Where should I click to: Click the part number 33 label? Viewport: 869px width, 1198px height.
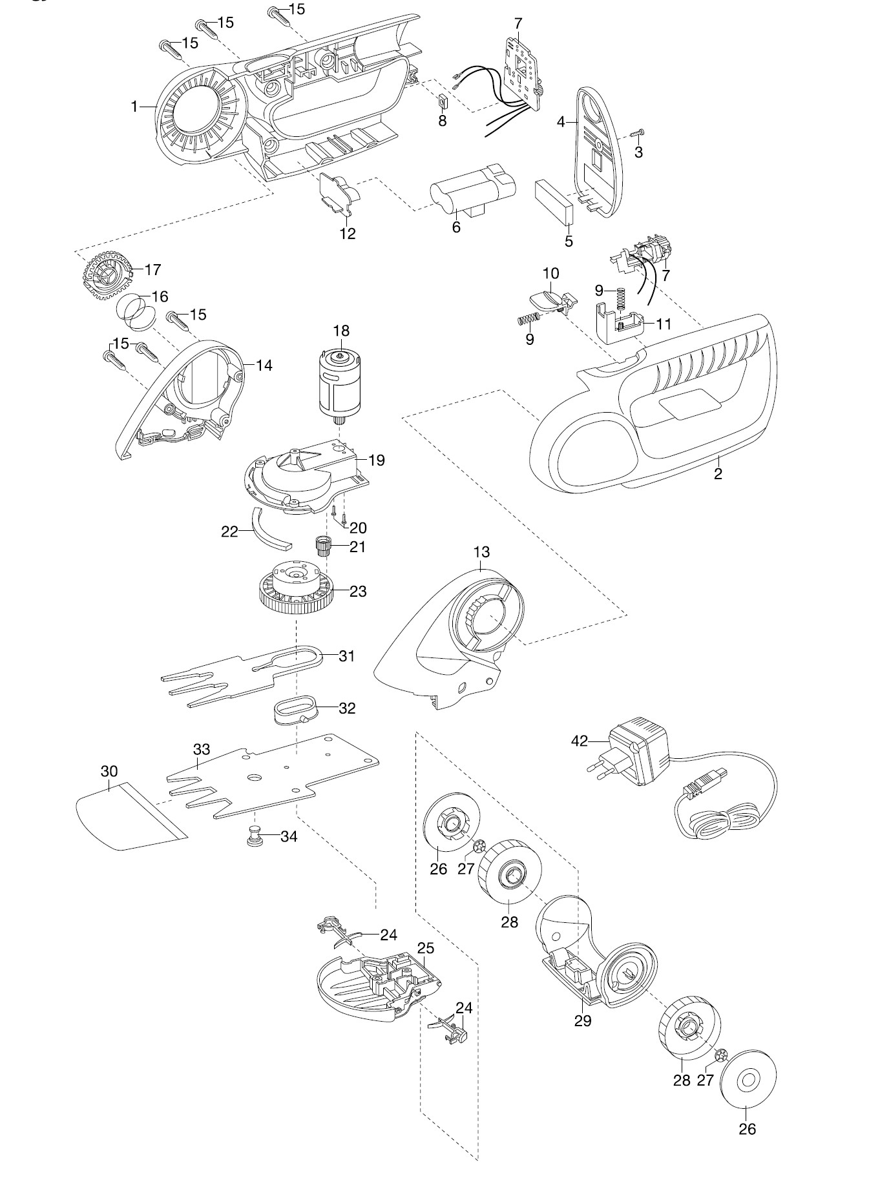[202, 749]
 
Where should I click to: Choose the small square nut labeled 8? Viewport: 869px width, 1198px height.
[443, 102]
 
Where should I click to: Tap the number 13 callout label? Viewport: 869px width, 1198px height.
[481, 552]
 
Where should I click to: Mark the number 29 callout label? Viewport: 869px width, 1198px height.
[583, 1020]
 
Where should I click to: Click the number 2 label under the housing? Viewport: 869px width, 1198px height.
[718, 473]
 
